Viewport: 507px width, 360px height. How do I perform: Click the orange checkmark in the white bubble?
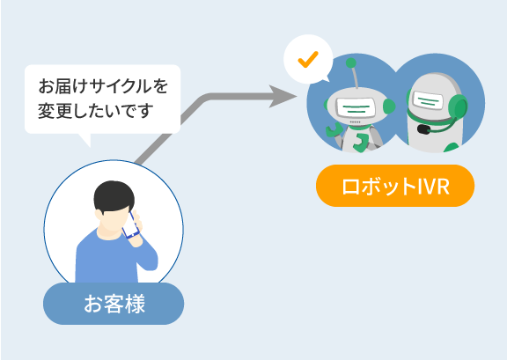tap(308, 60)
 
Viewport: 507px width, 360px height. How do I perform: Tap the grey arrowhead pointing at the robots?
tap(283, 96)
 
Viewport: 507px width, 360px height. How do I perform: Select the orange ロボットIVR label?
tap(395, 186)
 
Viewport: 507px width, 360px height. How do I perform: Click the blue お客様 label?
tap(114, 304)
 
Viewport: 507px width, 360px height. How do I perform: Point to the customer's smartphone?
tap(130, 225)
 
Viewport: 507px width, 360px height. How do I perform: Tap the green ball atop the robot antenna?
tap(351, 62)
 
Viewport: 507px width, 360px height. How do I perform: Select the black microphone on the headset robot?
tap(423, 129)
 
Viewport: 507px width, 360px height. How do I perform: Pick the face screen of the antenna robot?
tap(356, 108)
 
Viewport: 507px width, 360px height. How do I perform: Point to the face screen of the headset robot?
tap(429, 101)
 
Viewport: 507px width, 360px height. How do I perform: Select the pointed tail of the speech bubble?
tap(85, 140)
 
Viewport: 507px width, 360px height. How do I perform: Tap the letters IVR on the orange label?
tap(433, 187)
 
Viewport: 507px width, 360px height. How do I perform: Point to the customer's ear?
tap(99, 215)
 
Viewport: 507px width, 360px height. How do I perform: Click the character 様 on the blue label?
tap(135, 304)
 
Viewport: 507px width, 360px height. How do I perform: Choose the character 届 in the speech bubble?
tap(63, 86)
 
